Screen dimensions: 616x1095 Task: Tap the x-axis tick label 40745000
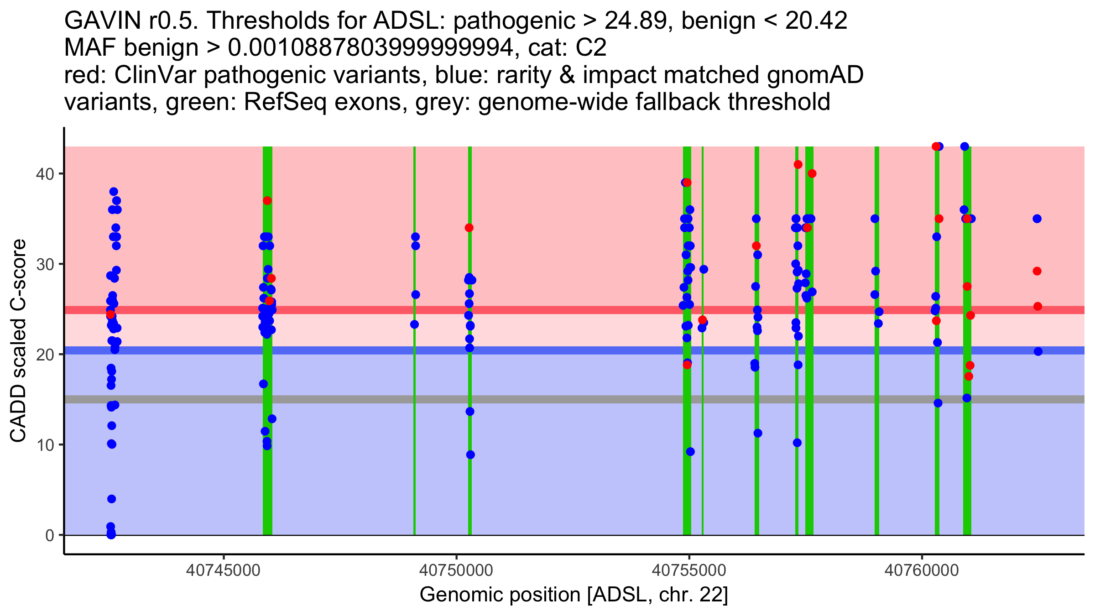tap(224, 570)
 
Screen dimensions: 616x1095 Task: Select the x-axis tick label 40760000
tap(922, 570)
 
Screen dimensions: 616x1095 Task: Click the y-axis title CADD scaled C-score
tap(18, 341)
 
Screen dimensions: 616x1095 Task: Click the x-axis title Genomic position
tap(574, 595)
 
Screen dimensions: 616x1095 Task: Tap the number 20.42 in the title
tap(816, 21)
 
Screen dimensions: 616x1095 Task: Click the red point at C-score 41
tap(798, 164)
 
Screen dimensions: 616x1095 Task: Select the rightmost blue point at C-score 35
tap(1037, 219)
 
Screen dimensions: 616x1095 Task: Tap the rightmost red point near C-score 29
tap(1037, 271)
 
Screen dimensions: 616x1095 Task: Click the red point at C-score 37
tap(267, 201)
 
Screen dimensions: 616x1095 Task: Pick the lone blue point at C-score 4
tap(112, 499)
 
